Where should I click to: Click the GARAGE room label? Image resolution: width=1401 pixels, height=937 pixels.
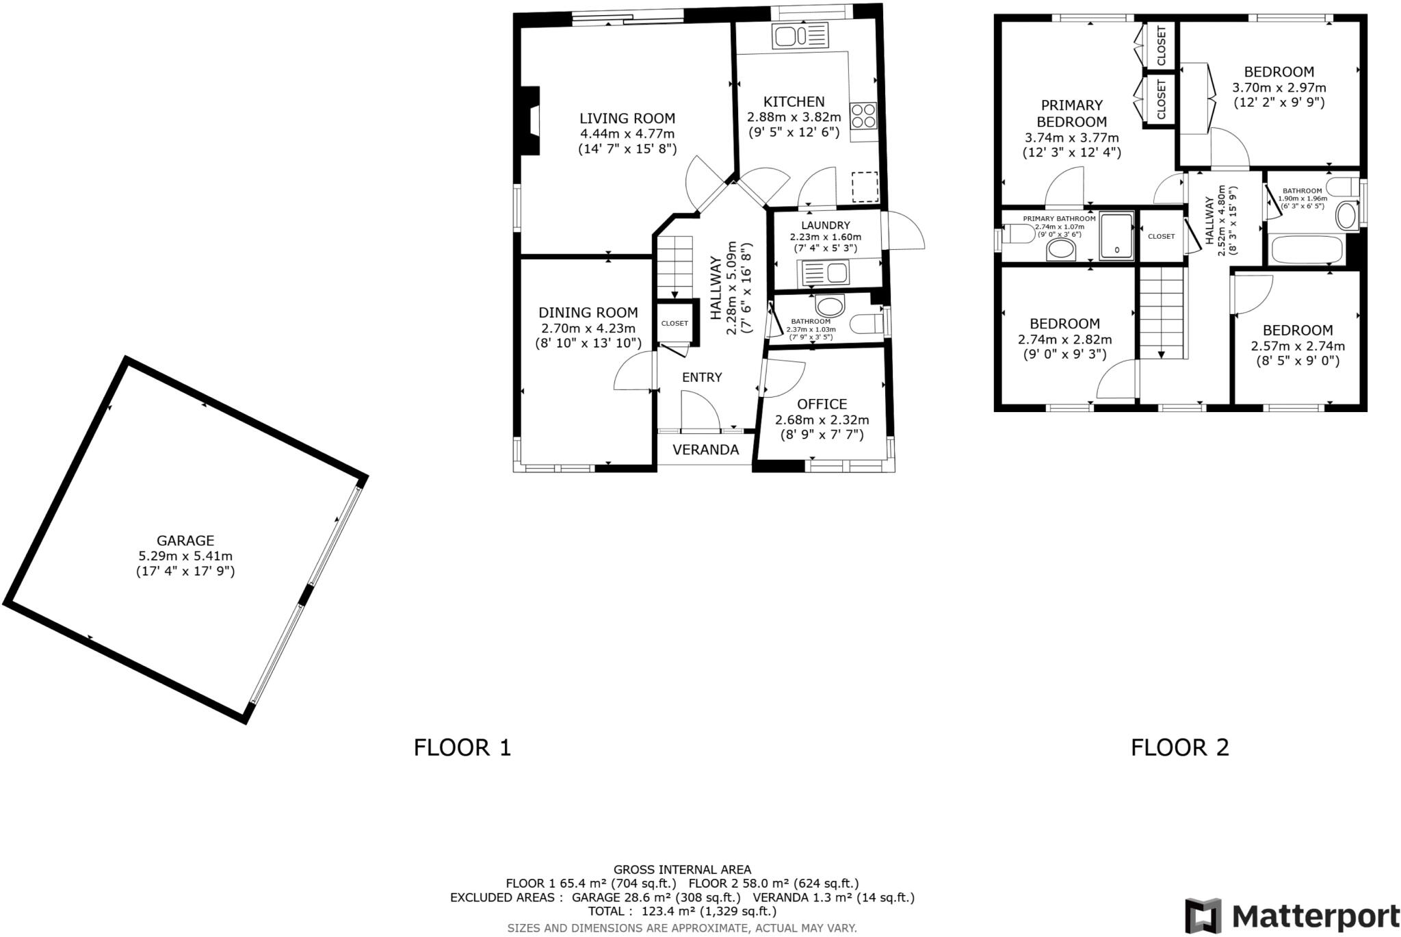click(x=185, y=540)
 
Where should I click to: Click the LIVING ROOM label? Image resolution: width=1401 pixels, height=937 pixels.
click(x=627, y=118)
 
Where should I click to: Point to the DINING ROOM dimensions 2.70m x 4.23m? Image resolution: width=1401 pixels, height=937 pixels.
click(x=588, y=328)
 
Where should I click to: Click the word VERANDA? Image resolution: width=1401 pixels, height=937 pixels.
click(x=705, y=450)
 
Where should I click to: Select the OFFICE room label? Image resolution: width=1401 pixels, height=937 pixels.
click(x=822, y=404)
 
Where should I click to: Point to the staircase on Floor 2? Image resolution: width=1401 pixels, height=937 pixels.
click(x=1161, y=312)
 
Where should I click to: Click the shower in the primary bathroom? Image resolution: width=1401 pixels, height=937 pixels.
click(x=1116, y=235)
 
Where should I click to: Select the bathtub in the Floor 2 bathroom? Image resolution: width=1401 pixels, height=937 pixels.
click(x=1306, y=251)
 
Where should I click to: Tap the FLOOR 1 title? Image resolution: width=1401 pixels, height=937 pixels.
click(x=462, y=747)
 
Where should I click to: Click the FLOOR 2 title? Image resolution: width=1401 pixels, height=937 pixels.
click(x=1179, y=747)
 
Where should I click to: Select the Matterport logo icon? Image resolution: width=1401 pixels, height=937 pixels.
click(x=1203, y=916)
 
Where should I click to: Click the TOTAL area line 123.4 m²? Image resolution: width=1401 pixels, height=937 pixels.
click(x=682, y=911)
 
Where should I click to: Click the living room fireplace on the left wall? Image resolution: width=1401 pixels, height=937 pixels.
click(x=530, y=120)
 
